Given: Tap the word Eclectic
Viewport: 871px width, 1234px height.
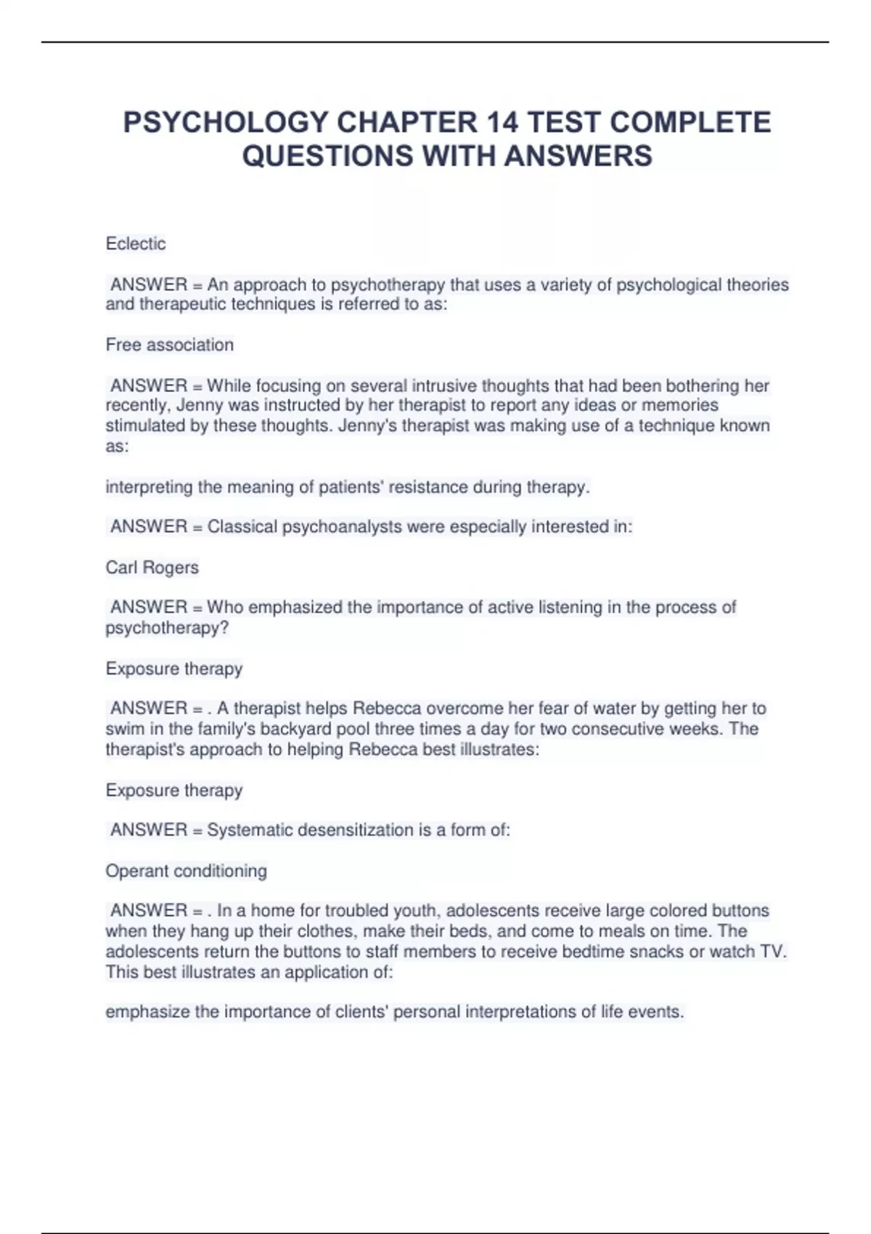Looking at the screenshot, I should click(136, 244).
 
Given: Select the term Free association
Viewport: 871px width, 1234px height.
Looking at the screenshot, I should click(170, 345).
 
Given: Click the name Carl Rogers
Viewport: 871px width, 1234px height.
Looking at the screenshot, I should click(152, 568).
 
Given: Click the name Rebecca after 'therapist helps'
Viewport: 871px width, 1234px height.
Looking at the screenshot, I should click(385, 708).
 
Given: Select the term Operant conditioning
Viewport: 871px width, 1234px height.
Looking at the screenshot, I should click(186, 871).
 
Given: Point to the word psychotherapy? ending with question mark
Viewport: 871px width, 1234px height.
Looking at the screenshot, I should click(167, 628).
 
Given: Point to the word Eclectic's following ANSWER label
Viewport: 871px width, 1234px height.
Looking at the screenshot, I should click(149, 285).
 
